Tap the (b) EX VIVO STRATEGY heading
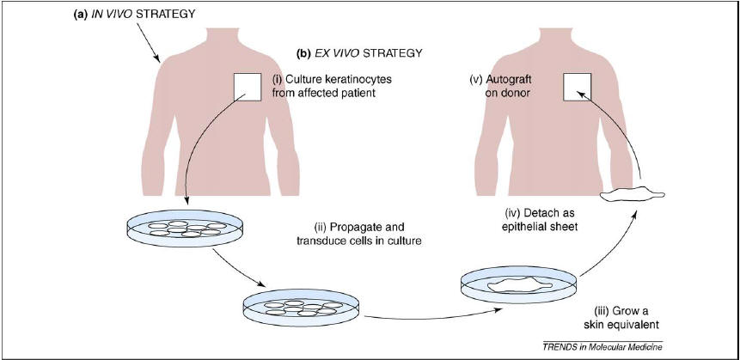(x=359, y=53)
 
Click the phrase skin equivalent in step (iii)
(x=620, y=324)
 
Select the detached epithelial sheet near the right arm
(x=632, y=195)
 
